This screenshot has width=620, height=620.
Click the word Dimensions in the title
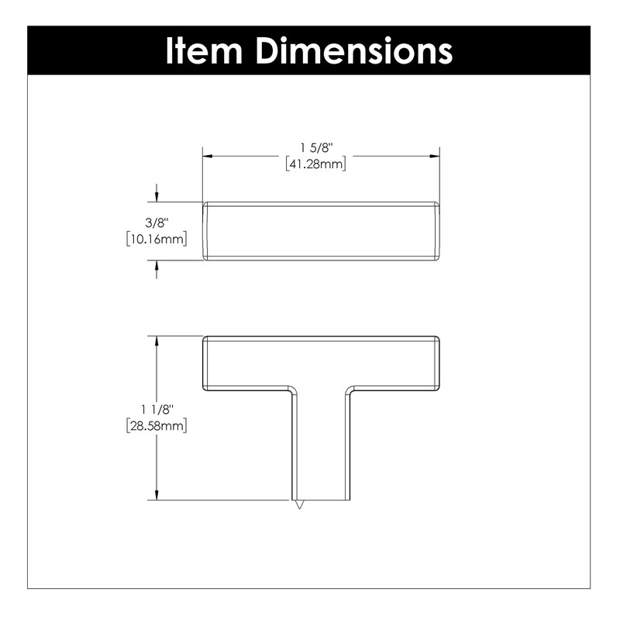355,51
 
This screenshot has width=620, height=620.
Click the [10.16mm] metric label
157,239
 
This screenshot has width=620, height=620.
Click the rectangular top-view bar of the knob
322,231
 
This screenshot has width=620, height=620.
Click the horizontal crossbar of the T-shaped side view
322,361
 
